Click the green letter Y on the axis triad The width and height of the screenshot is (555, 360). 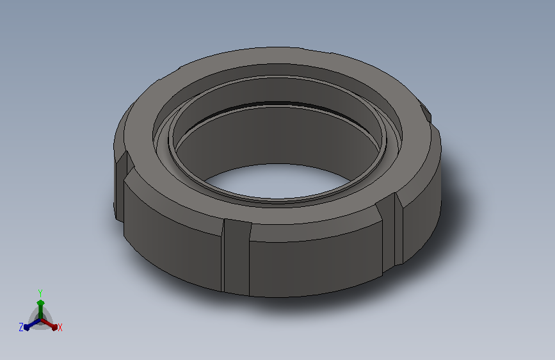[40, 293]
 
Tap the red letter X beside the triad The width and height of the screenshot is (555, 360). [60, 328]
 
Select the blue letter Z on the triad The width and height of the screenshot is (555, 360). [21, 327]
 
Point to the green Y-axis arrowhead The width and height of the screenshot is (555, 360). [40, 303]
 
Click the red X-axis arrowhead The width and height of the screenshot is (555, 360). [54, 327]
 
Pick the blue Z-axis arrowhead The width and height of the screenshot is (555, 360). [27, 327]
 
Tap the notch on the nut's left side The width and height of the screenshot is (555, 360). [120, 184]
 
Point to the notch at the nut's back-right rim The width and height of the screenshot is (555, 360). [426, 111]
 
